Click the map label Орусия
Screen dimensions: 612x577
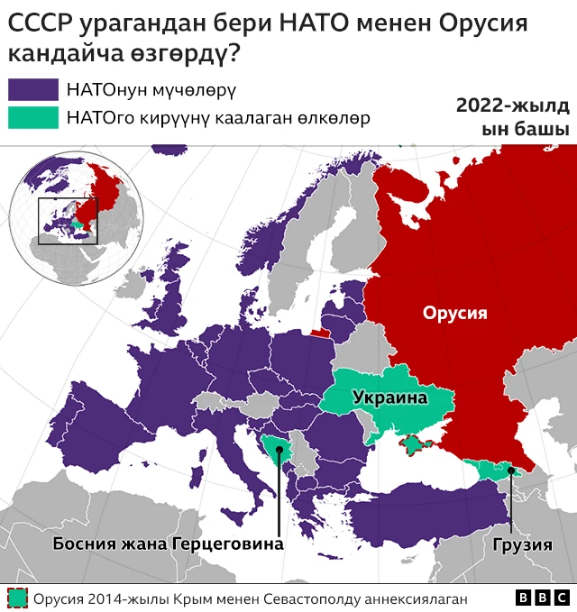coord(454,313)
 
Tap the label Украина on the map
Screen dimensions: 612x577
coord(389,397)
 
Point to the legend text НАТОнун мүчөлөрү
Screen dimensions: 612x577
coord(151,90)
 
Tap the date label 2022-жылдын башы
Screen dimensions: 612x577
coord(512,117)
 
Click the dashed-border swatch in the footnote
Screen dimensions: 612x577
coord(17,598)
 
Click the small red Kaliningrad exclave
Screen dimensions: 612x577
coord(321,332)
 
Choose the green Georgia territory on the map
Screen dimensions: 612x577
coord(491,468)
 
